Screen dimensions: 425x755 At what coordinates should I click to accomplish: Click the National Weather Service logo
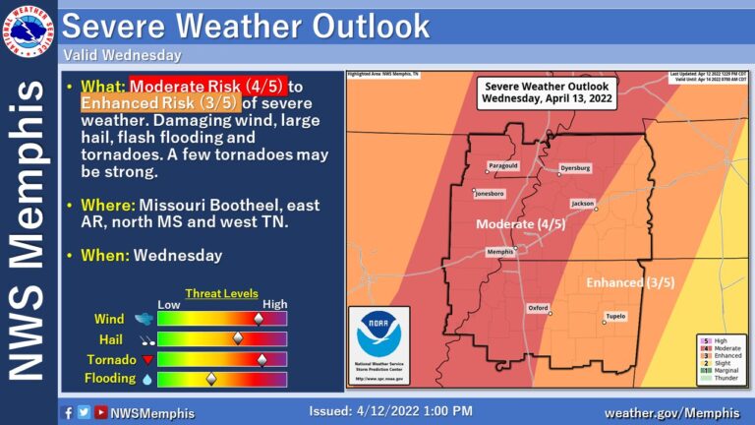(x=29, y=30)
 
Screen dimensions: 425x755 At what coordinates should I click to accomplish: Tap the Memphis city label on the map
(x=501, y=253)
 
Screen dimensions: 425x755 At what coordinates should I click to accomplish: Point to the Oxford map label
(x=539, y=307)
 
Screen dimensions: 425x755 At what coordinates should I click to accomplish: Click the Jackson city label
(x=583, y=204)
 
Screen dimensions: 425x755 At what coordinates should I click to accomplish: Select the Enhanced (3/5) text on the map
(x=630, y=283)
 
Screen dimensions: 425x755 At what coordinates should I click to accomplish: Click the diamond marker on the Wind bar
(x=259, y=319)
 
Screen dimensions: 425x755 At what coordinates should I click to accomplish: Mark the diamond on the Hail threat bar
(x=237, y=338)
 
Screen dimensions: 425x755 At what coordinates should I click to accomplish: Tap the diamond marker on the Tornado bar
(x=261, y=359)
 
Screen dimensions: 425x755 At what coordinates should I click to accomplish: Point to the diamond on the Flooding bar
(x=209, y=379)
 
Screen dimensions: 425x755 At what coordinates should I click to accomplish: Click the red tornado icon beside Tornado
(x=147, y=359)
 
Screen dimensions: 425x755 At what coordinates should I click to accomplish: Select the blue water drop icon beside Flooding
(x=147, y=379)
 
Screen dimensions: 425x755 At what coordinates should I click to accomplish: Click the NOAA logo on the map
(x=378, y=338)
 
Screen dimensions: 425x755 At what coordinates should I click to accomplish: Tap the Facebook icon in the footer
(x=68, y=412)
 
